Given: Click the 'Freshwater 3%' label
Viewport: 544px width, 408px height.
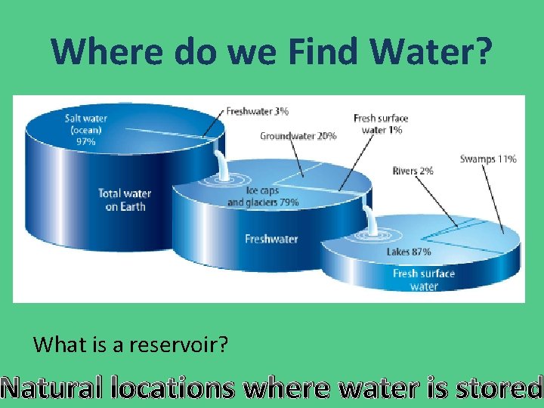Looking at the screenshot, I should [x=257, y=111].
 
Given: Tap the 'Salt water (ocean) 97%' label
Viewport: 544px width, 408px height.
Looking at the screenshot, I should [x=85, y=129].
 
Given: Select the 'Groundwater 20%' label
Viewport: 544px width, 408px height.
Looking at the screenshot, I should [x=298, y=136].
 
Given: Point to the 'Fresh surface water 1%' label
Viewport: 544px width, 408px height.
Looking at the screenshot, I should [x=380, y=124].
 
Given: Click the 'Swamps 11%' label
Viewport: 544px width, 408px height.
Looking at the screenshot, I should [x=487, y=159].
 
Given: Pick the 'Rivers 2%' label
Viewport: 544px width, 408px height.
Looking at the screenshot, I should [x=413, y=171].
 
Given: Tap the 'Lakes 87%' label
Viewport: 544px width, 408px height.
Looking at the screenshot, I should [x=408, y=252].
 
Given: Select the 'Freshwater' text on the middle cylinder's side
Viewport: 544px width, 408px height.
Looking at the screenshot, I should [x=271, y=239].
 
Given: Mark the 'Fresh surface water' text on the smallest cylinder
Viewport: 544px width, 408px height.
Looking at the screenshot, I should [x=424, y=280].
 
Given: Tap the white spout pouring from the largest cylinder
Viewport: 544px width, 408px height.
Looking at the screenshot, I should [x=220, y=164].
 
